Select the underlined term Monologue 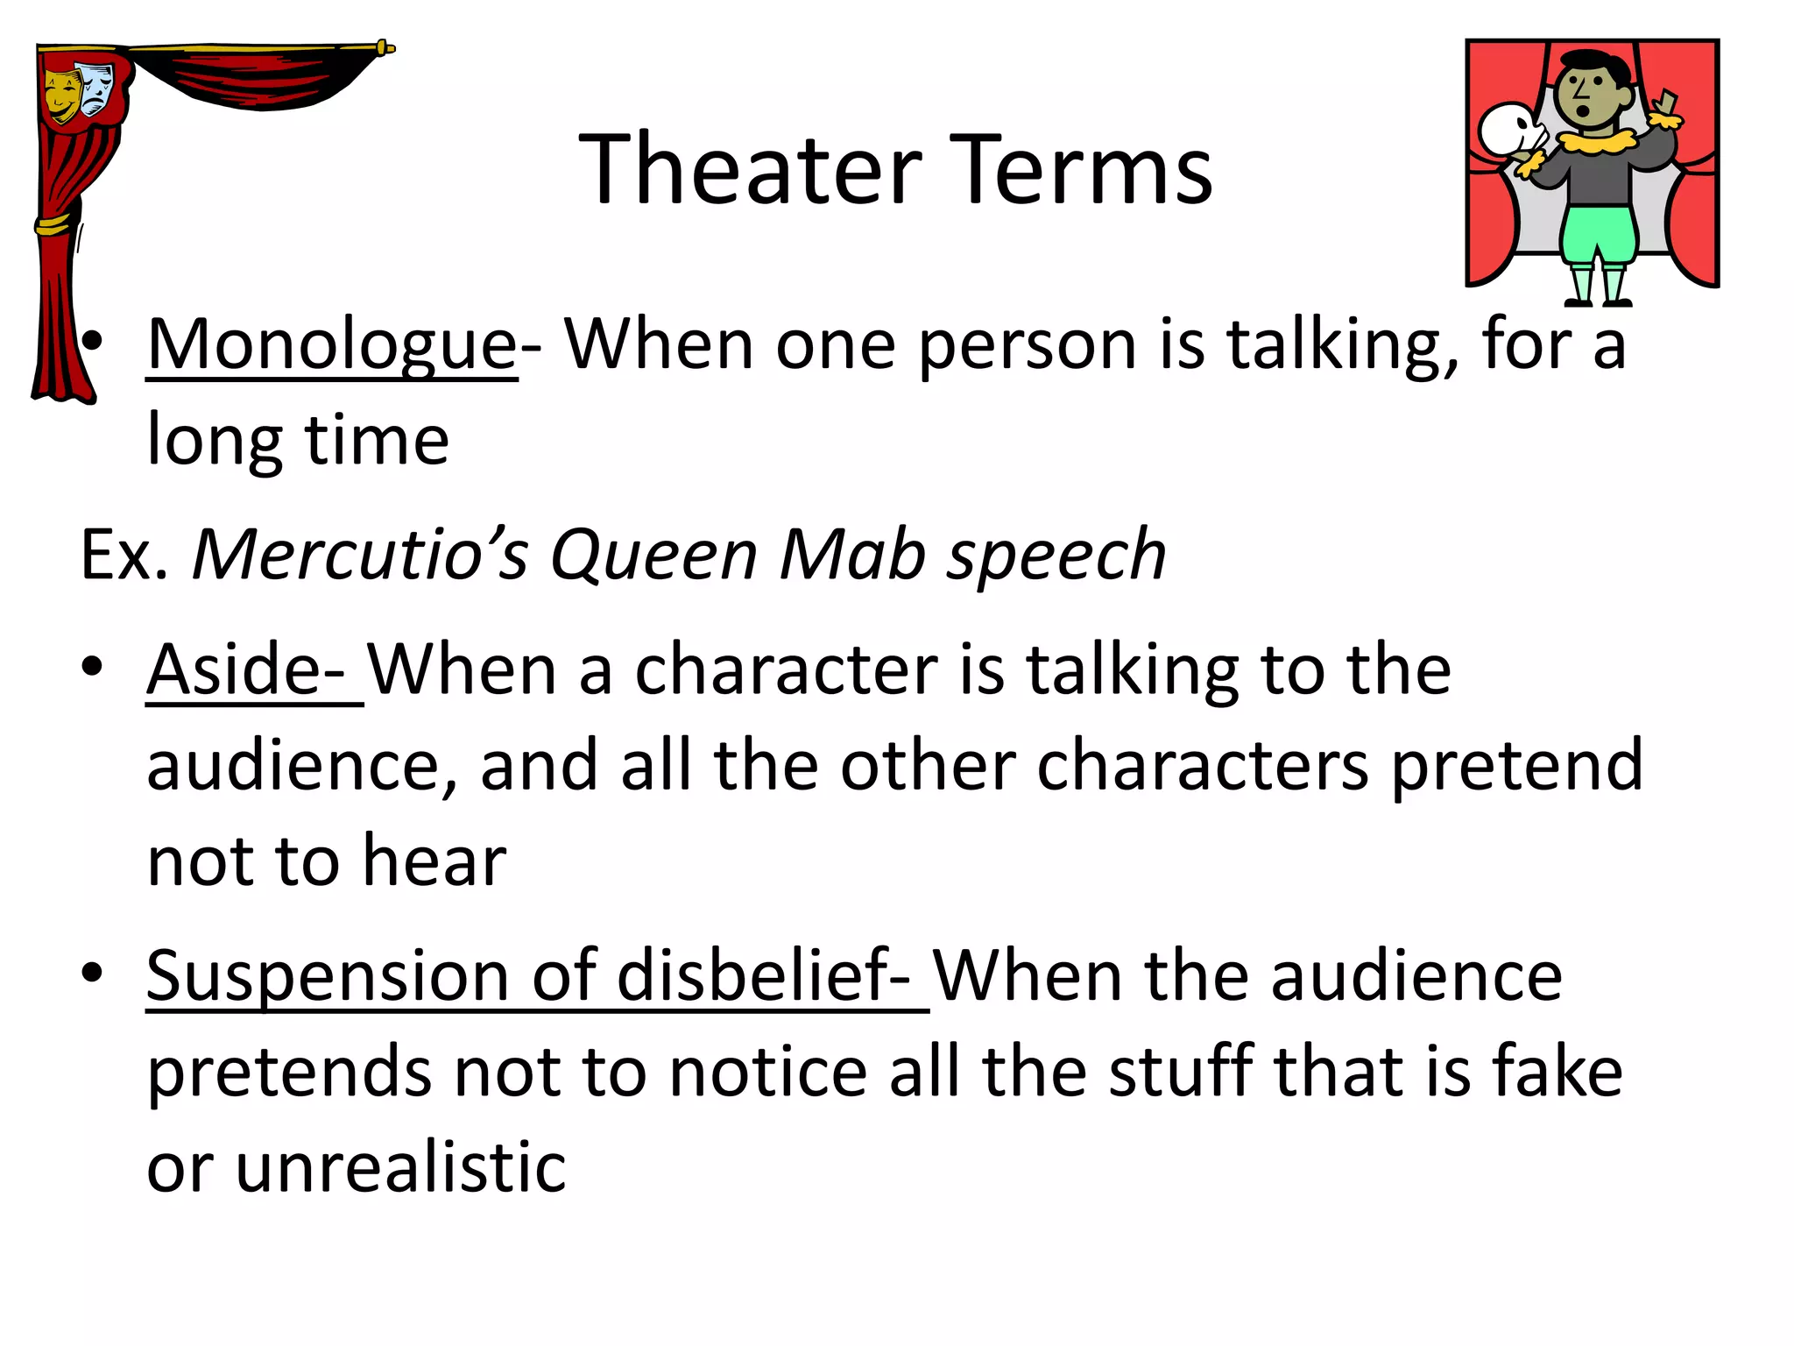(332, 345)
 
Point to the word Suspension (328, 976)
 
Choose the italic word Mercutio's (360, 555)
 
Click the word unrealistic (400, 1167)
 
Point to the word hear (434, 861)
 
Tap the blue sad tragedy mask (95, 88)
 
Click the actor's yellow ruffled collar (1596, 140)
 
